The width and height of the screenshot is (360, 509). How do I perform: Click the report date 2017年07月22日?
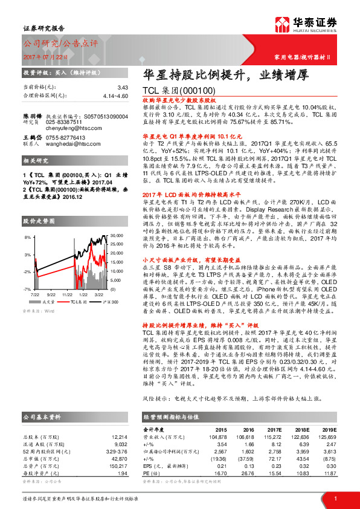[x=46, y=56]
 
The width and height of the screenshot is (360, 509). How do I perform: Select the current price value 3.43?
[x=123, y=88]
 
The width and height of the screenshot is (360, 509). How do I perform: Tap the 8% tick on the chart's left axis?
[x=28, y=238]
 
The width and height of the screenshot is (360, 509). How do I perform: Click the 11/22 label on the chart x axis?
[x=68, y=294]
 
